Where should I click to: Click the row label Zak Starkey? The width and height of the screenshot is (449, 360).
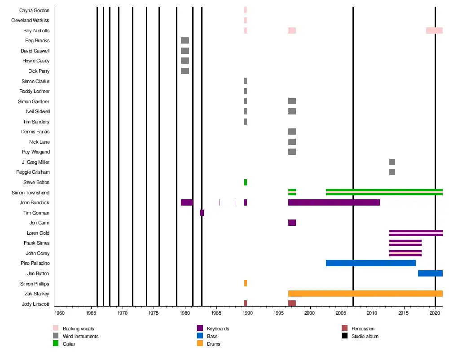pos(37,294)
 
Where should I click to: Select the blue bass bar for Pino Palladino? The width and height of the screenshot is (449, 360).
pos(370,263)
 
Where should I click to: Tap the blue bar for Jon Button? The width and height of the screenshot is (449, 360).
pos(430,273)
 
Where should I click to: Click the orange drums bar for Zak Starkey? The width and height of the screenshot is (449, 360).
pos(365,294)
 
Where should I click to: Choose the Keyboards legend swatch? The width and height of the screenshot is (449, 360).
pos(200,328)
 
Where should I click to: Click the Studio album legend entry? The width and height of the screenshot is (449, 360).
pos(365,336)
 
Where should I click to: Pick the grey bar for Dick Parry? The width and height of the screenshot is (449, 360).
pos(185,71)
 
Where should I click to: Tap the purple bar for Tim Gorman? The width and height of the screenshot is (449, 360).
pos(202,213)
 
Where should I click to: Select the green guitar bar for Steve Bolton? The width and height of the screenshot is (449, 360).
pos(246,182)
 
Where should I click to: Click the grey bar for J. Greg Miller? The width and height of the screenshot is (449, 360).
pos(392,162)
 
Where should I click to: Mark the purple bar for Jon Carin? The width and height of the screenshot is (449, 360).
pos(292,223)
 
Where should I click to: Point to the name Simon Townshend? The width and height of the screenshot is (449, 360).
pos(31,193)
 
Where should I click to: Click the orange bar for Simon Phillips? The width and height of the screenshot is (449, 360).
pos(246,283)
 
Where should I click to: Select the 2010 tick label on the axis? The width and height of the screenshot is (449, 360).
pos(372,312)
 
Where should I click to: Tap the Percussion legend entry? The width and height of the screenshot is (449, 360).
pos(363,329)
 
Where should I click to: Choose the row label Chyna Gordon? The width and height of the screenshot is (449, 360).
pos(35,10)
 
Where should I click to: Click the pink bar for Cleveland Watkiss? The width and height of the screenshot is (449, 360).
pos(246,20)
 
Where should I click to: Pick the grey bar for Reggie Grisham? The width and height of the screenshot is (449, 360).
pos(392,172)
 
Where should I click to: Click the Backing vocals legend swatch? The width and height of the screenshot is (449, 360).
pos(56,328)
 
